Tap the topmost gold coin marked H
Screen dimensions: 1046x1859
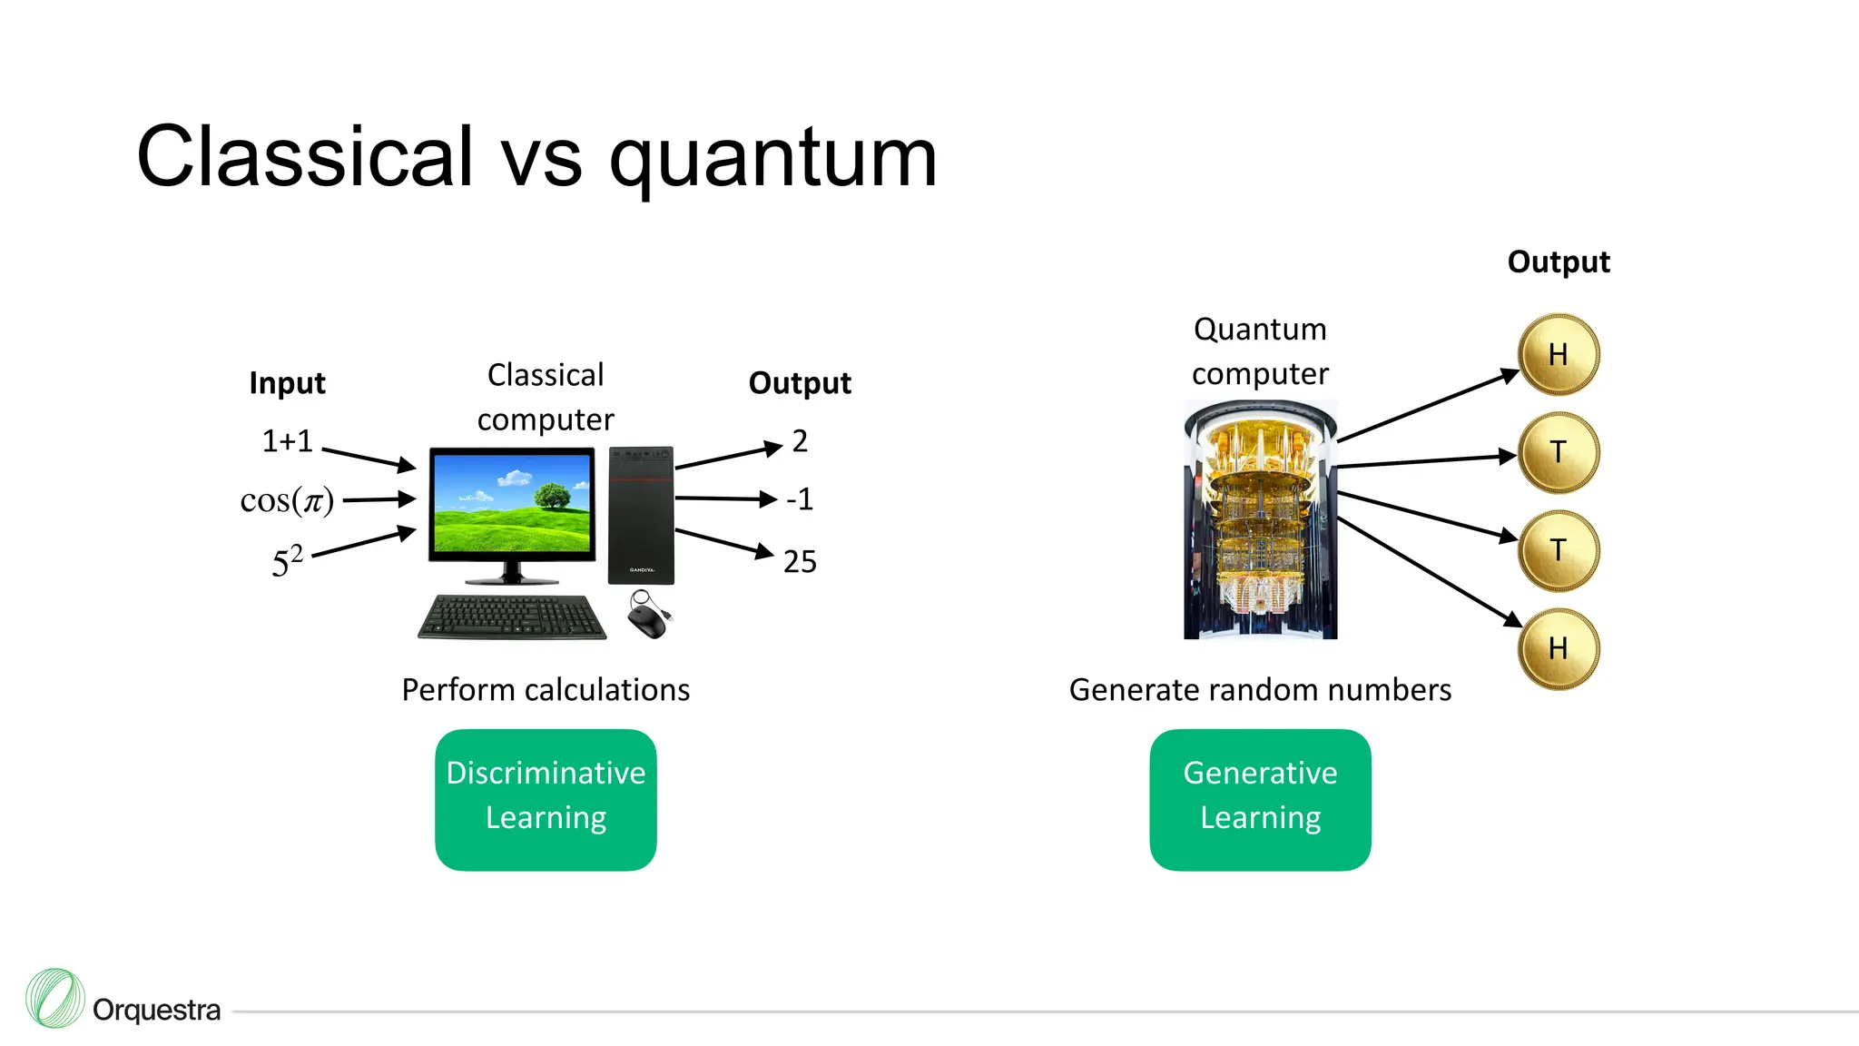(1558, 354)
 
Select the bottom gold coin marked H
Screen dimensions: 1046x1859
(1558, 648)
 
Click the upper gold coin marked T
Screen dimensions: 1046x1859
(1558, 452)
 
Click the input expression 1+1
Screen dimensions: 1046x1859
(287, 441)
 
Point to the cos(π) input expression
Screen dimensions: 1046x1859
(287, 500)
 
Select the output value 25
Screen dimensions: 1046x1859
(800, 562)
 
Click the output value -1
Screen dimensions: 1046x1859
(800, 499)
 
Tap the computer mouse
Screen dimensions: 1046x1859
(647, 617)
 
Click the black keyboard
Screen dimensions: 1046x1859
(512, 617)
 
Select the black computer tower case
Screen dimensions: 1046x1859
(641, 515)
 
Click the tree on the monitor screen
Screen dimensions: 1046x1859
(552, 496)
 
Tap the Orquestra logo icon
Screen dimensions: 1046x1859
(55, 998)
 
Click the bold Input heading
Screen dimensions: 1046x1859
(287, 383)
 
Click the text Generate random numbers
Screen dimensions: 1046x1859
(1260, 690)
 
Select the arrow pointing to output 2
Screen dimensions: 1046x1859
(728, 456)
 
